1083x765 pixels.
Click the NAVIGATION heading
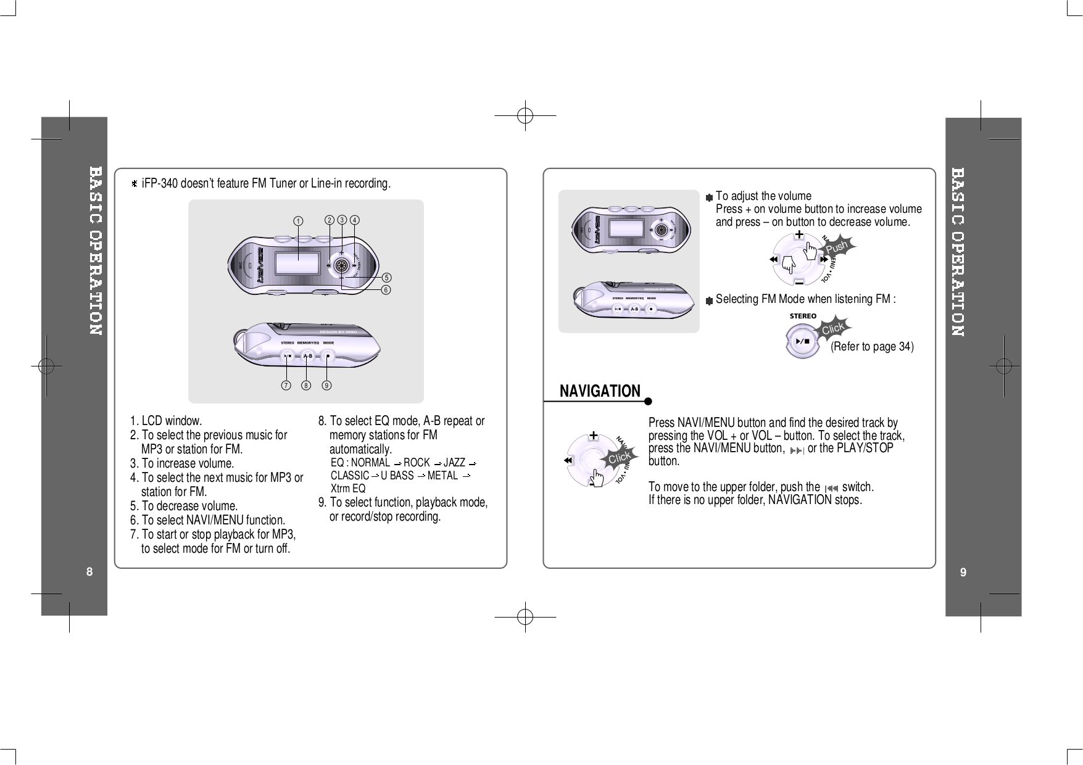click(600, 391)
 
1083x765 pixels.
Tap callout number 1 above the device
click(298, 220)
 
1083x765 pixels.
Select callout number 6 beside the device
click(386, 289)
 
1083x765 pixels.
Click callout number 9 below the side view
click(326, 386)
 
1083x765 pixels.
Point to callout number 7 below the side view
click(286, 386)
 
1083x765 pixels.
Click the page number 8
click(89, 572)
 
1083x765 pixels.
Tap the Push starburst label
click(837, 247)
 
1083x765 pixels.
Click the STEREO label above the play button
click(803, 316)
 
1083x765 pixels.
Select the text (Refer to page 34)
click(871, 347)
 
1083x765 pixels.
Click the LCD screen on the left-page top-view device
click(297, 263)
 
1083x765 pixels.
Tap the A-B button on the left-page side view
click(307, 356)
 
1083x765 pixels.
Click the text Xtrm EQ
click(348, 488)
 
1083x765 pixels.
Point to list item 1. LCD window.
click(166, 421)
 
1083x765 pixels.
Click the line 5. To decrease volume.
click(183, 506)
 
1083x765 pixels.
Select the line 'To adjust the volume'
click(763, 196)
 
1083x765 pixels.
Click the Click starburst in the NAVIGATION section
click(619, 457)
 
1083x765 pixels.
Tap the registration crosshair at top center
click(525, 115)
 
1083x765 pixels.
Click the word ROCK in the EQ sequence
click(417, 463)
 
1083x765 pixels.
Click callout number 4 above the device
click(355, 220)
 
